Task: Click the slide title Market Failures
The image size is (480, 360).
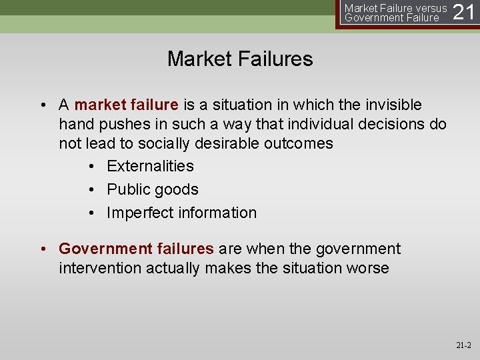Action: point(240,59)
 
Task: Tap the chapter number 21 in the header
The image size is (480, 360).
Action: point(464,13)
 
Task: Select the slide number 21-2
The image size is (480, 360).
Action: point(463,345)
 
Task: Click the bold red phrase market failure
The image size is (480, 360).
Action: point(126,105)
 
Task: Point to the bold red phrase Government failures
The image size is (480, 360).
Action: point(136,249)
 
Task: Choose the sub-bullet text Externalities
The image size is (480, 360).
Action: point(150,166)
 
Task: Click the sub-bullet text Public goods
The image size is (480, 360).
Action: point(153,189)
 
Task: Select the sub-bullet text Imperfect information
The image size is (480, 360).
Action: point(181,213)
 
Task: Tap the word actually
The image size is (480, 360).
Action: point(173,268)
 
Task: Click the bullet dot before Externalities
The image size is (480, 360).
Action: point(92,166)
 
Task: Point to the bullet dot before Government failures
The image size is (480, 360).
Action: point(44,249)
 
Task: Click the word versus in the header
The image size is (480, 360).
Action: point(431,8)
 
